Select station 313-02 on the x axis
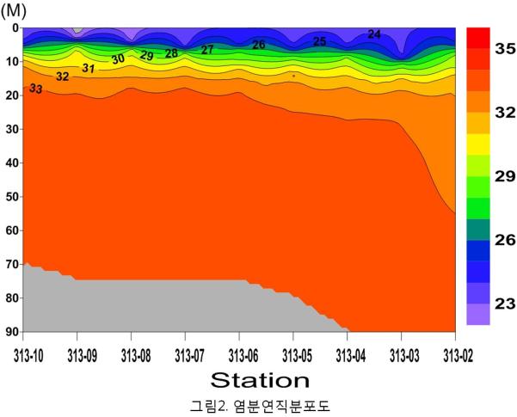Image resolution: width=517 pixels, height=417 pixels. click(455, 353)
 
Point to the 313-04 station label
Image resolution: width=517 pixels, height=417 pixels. click(348, 353)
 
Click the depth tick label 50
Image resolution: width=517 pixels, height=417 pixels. click(10, 197)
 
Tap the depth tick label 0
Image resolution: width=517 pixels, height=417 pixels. click(14, 28)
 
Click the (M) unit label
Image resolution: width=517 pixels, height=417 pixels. click(11, 9)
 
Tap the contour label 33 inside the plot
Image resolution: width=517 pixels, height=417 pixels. click(36, 89)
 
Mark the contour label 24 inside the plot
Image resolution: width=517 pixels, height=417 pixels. click(374, 34)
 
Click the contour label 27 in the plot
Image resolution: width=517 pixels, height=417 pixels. click(207, 50)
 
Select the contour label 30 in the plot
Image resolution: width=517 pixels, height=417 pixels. click(118, 58)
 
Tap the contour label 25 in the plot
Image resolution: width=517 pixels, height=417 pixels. click(319, 41)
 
